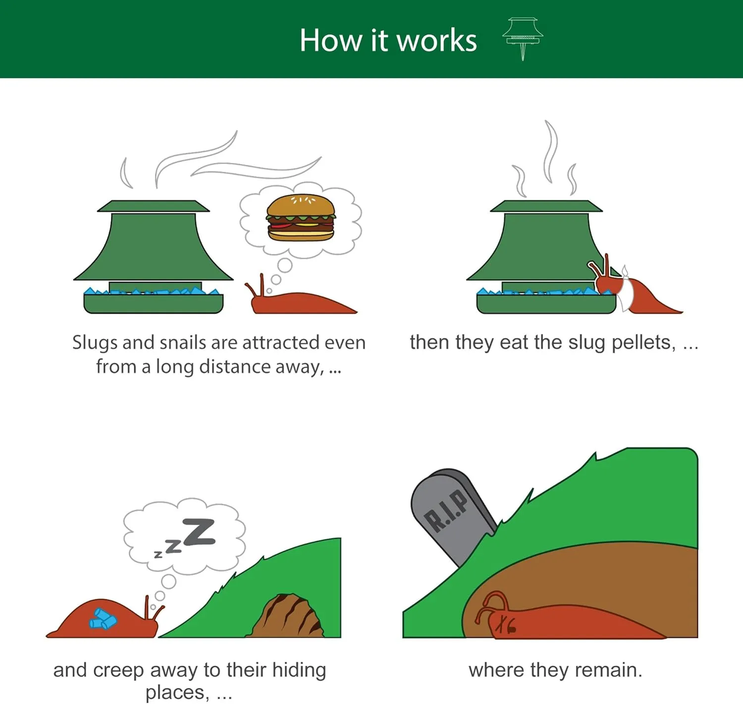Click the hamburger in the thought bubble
[x=301, y=217]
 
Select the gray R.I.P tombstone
[x=452, y=516]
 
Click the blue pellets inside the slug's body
[x=103, y=619]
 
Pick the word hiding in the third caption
[x=299, y=671]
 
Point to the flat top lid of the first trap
[x=153, y=206]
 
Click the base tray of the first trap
[x=154, y=304]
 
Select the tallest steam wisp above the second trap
[x=551, y=151]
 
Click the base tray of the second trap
[x=546, y=304]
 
